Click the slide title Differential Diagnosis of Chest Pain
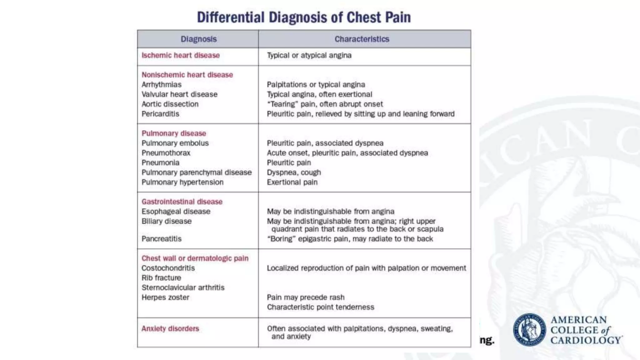tap(304, 17)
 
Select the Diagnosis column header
tap(198, 39)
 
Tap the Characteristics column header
tap(362, 39)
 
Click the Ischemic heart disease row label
tap(181, 55)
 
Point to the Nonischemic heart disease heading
tap(187, 75)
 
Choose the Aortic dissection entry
tap(170, 104)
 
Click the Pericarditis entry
tap(160, 114)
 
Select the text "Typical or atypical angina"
tap(309, 55)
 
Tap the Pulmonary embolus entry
tap(175, 143)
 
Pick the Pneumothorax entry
tap(166, 153)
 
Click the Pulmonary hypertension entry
tap(182, 182)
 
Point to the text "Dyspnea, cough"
tap(294, 172)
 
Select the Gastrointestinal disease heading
tap(182, 202)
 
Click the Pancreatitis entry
tap(161, 239)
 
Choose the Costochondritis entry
tap(168, 268)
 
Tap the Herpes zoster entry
tap(165, 297)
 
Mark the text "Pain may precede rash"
tap(306, 297)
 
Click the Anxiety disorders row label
tap(170, 328)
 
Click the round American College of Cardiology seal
tap(529, 330)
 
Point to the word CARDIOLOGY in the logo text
tap(586, 340)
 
